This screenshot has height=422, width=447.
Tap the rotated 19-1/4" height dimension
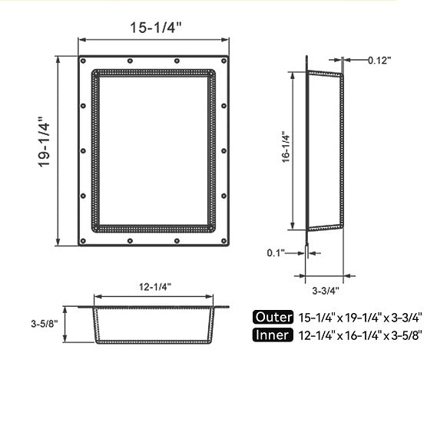tap(44, 143)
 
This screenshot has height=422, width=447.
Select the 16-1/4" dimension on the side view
tap(285, 147)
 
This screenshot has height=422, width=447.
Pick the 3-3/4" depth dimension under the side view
tap(326, 290)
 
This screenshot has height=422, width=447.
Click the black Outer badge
tap(272, 316)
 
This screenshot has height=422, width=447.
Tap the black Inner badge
tap(272, 335)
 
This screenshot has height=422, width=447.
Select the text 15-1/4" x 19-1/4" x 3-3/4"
tap(360, 316)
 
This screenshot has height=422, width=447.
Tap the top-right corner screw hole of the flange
tap(225, 60)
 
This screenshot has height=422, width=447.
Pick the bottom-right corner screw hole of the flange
tap(225, 242)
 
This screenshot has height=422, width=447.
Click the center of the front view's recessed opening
tap(154, 150)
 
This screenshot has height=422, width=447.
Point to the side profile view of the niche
tap(324, 150)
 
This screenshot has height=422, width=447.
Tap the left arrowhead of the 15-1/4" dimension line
tap(80, 41)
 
